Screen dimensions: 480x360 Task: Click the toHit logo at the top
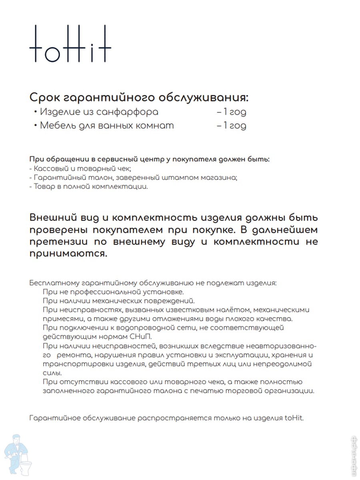pos(70,44)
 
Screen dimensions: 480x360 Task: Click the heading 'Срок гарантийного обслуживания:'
pos(139,98)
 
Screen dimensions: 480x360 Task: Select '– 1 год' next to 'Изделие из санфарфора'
pos(231,112)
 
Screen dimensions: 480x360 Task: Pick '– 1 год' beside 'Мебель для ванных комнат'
pos(231,126)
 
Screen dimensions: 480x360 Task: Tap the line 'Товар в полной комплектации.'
pos(88,187)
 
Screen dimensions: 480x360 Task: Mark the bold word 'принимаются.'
pos(68,254)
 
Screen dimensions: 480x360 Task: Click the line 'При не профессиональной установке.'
pos(113,292)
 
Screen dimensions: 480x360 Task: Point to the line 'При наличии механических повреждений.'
pos(118,301)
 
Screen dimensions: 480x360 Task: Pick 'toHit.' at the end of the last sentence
pos(294,418)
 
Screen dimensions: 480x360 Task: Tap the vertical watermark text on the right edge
pos(354,456)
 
